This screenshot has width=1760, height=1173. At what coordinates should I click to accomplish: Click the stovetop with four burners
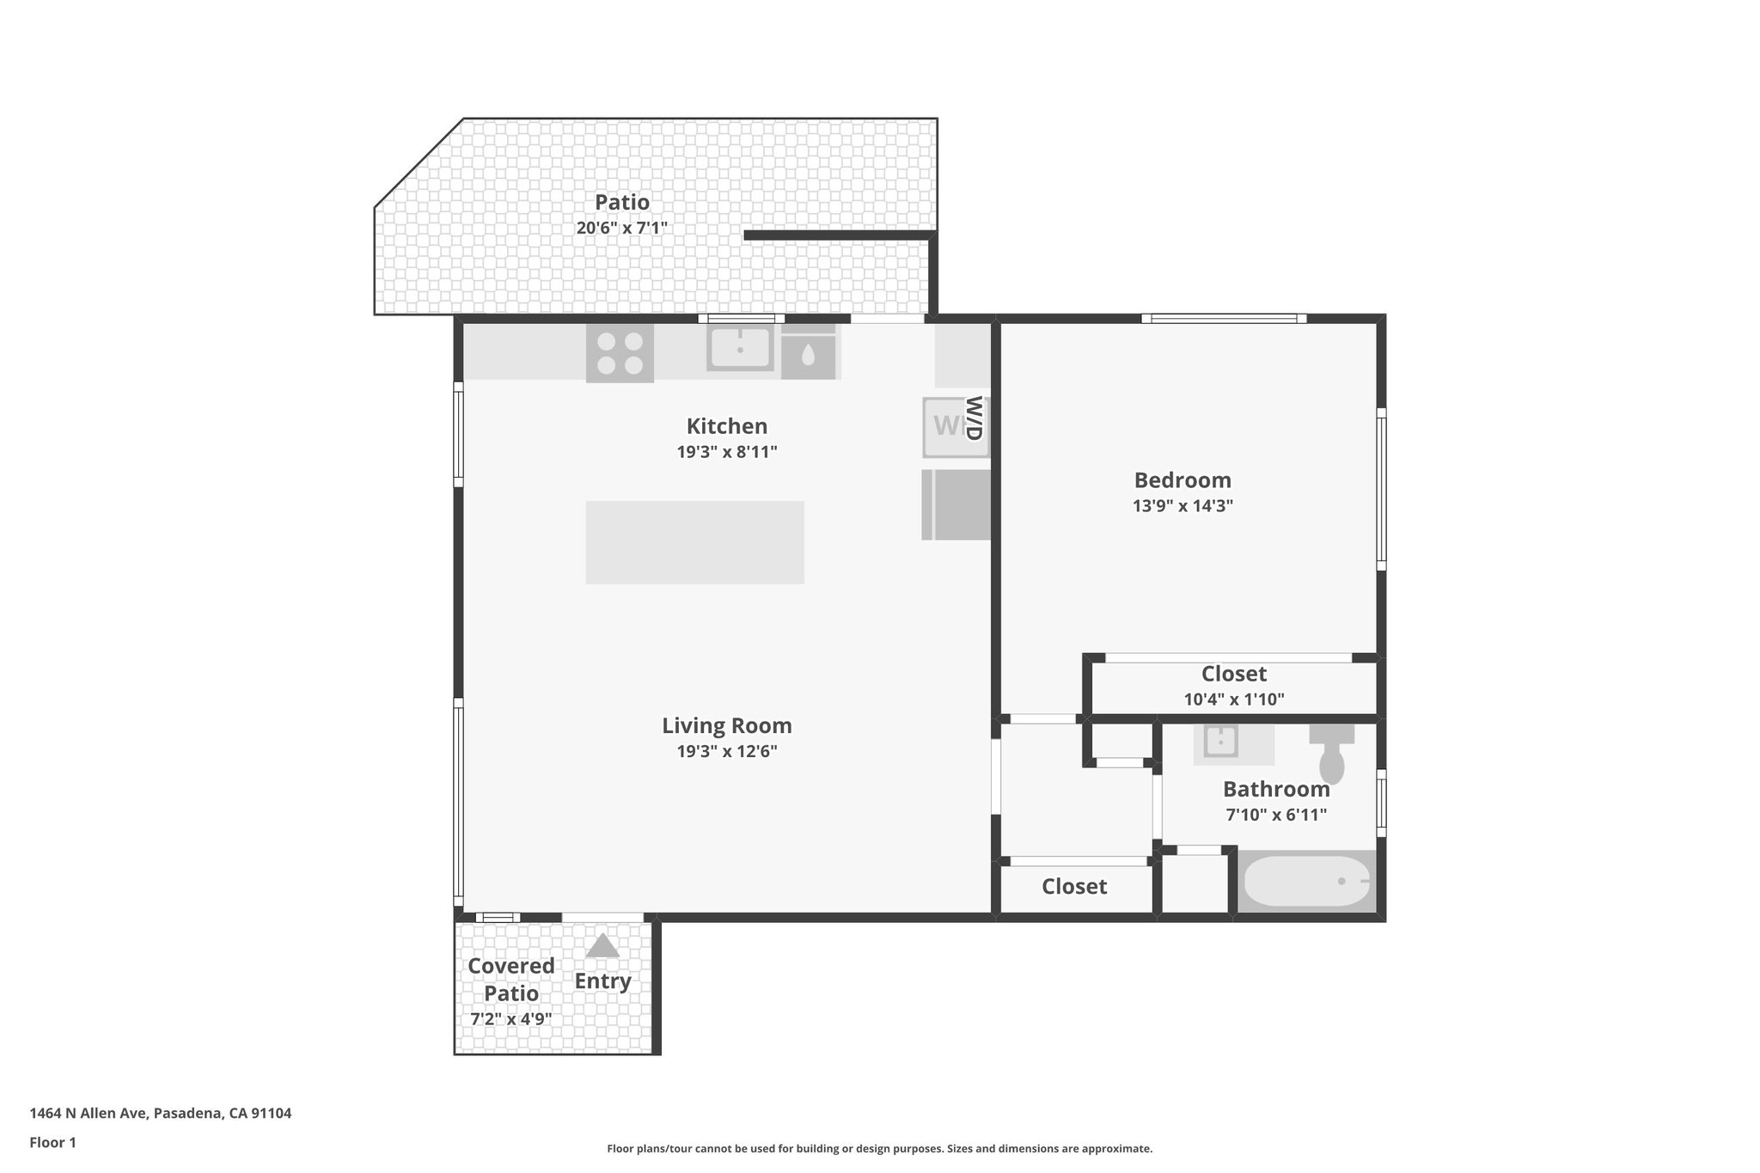click(620, 353)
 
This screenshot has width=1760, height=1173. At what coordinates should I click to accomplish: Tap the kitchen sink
click(740, 349)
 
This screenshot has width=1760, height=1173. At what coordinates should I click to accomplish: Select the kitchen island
click(694, 542)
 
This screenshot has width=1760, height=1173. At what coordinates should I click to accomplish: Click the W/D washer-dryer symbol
click(955, 426)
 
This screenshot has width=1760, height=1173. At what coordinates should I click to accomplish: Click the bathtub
click(1306, 882)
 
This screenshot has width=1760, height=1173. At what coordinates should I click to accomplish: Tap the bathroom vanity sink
click(1219, 742)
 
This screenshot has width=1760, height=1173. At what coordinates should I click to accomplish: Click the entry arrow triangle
click(602, 946)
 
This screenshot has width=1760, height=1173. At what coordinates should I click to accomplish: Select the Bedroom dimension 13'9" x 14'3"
click(1182, 506)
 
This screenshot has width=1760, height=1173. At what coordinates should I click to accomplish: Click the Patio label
click(622, 203)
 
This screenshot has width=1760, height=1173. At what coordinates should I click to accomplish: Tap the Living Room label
click(726, 726)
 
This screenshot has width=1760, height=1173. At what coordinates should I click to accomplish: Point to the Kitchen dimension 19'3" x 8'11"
click(726, 452)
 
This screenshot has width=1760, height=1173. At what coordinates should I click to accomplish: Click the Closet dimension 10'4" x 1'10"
click(1233, 700)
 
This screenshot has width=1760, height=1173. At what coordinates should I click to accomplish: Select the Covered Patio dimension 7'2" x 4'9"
click(510, 1019)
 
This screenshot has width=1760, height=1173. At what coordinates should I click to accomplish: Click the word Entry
click(602, 981)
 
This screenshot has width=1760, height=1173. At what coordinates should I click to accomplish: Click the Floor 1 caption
click(52, 1143)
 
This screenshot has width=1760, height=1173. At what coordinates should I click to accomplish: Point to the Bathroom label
click(1275, 789)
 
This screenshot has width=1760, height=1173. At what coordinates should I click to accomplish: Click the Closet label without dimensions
click(1074, 886)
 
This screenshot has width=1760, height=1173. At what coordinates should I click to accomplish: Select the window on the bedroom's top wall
click(1223, 319)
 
